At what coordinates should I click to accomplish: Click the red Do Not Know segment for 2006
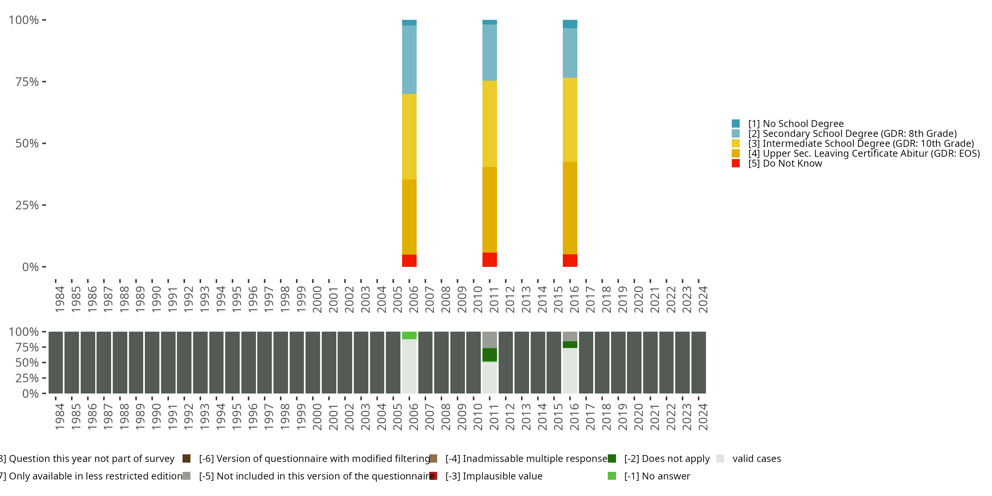[x=409, y=260]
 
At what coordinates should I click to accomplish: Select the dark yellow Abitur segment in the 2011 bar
[x=489, y=210]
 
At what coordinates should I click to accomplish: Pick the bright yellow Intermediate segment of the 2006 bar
[x=409, y=137]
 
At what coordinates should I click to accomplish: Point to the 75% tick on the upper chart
[x=44, y=82]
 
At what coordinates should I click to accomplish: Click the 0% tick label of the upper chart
[x=30, y=267]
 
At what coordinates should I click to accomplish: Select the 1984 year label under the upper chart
[x=60, y=299]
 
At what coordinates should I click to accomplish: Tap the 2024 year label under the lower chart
[x=703, y=417]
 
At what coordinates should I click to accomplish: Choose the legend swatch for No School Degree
[x=735, y=124]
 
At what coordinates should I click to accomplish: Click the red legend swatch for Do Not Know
[x=735, y=163]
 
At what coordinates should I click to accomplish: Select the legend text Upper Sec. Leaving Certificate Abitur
[x=864, y=153]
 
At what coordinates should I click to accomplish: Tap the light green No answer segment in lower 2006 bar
[x=409, y=335]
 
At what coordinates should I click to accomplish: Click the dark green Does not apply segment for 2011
[x=489, y=354]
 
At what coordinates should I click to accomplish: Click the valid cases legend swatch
[x=720, y=459]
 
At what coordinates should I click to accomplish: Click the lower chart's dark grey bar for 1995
[x=232, y=362]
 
